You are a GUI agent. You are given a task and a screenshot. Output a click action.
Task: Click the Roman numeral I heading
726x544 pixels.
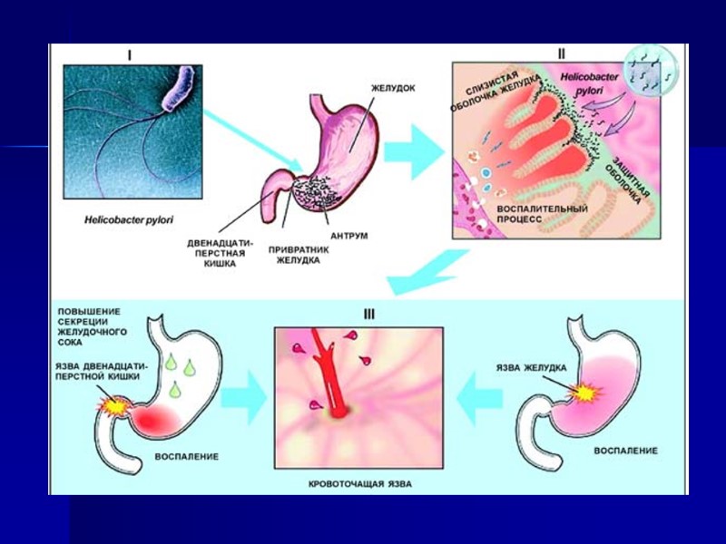(x=130, y=54)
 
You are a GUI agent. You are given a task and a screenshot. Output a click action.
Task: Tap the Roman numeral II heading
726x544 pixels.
(x=561, y=52)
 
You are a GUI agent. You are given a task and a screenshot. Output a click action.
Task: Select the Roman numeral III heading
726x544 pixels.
(x=368, y=315)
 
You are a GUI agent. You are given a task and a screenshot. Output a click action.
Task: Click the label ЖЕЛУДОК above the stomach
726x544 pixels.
(x=393, y=89)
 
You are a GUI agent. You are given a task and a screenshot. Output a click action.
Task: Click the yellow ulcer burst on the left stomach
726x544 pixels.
(x=117, y=407)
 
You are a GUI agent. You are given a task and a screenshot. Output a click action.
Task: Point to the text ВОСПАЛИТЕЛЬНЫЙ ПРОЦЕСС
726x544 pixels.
(x=543, y=215)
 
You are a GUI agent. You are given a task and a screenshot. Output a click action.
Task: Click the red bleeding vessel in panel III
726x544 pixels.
(x=334, y=381)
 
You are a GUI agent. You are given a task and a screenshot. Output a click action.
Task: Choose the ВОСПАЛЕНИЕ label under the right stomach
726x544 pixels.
(x=626, y=450)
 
